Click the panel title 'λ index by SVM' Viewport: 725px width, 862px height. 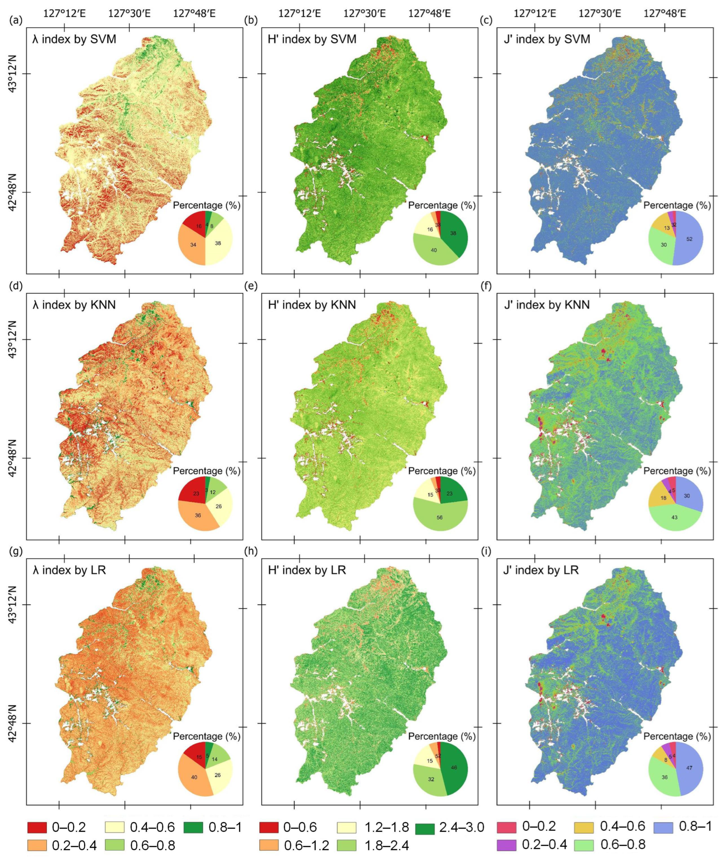(74, 40)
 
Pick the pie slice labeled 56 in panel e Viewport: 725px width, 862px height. (440, 517)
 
